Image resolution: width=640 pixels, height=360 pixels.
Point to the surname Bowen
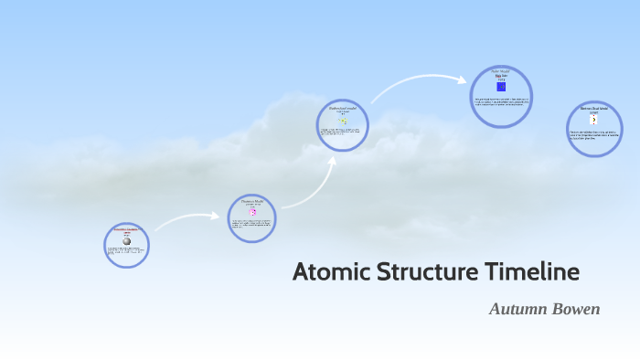[578, 309]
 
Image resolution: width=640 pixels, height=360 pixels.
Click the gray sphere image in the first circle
[126, 241]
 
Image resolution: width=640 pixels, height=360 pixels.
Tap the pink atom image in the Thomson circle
[251, 212]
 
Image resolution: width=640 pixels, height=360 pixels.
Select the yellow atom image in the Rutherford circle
[343, 121]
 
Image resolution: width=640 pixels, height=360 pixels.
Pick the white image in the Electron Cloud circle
[593, 120]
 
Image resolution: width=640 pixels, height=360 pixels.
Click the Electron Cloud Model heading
[593, 108]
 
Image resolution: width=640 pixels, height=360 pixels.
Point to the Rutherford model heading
[343, 108]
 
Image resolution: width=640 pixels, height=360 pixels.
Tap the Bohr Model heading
[501, 70]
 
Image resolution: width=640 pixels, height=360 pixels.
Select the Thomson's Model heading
[251, 200]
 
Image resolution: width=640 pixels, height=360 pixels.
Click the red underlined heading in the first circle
[126, 229]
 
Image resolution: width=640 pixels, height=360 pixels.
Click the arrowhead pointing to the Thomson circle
[219, 217]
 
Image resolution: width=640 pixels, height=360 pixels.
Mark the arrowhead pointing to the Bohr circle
[463, 80]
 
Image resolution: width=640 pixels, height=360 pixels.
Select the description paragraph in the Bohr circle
[501, 101]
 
